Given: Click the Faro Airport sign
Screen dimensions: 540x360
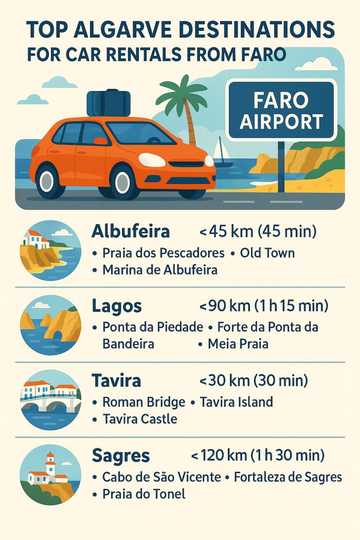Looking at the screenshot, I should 281,111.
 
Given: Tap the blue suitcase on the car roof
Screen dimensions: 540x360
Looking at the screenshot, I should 109,103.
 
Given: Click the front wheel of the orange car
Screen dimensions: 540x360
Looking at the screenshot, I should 124,181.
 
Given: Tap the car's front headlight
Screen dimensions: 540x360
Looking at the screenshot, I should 152,159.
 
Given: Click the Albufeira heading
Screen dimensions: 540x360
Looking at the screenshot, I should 131,232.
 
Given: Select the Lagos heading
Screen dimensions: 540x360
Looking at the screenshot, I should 116,306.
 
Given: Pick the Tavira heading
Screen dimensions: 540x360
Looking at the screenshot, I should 116,381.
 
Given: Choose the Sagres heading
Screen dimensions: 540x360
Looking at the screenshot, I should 121,456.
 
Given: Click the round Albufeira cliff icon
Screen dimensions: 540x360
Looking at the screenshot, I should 50,250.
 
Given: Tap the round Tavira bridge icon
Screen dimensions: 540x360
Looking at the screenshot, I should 50,400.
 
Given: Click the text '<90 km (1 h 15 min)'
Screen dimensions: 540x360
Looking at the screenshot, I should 263,306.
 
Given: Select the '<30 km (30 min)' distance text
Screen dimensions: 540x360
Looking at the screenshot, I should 253,381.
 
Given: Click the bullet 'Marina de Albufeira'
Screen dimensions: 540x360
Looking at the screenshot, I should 159,269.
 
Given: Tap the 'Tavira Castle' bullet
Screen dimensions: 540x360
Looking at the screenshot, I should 139,419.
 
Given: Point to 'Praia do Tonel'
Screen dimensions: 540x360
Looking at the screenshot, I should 143,494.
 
